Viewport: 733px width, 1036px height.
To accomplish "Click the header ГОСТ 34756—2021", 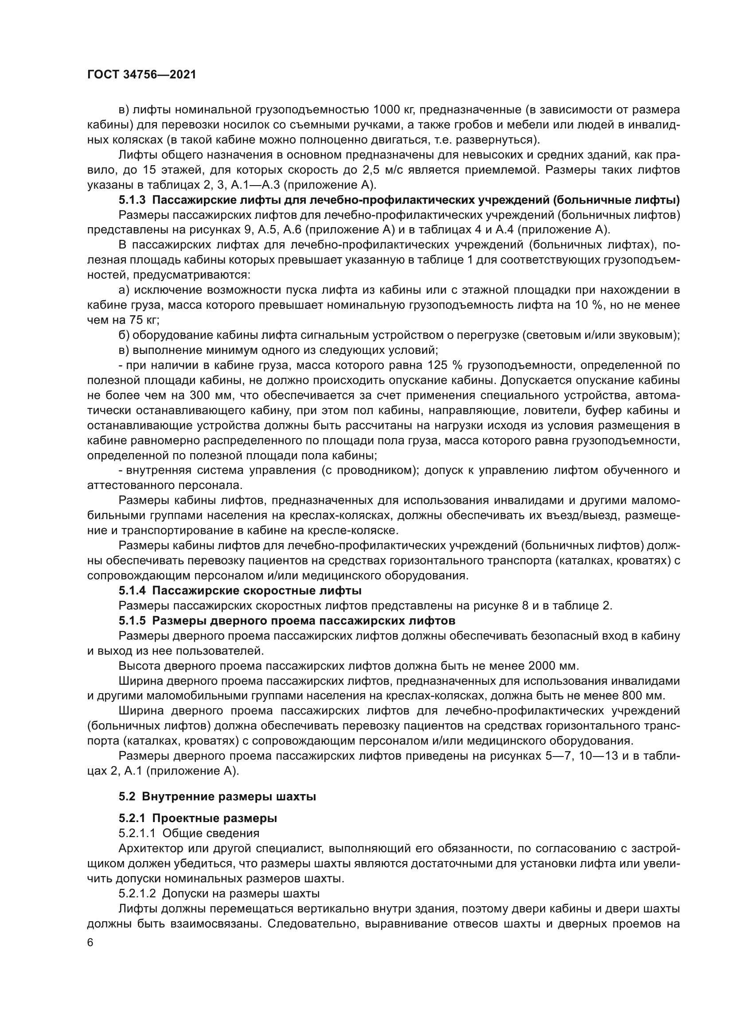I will [x=142, y=75].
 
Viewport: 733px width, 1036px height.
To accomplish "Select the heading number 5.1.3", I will [x=132, y=200].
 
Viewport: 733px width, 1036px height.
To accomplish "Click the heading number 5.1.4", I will [x=132, y=590].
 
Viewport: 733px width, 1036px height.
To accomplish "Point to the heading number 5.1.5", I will [x=132, y=621].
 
